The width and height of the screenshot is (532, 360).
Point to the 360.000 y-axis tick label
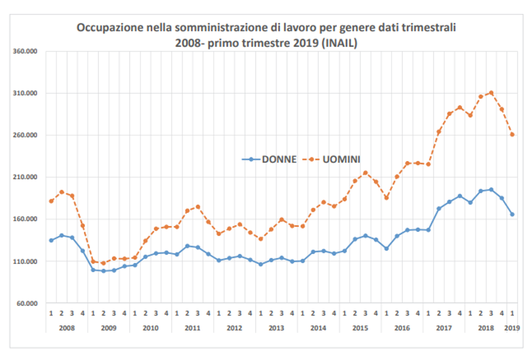pyautogui.click(x=26, y=52)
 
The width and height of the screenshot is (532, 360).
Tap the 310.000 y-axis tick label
pyautogui.click(x=26, y=94)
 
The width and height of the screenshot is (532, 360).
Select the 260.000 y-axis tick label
pyautogui.click(x=26, y=136)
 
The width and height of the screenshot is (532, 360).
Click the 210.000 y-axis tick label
pyautogui.click(x=26, y=177)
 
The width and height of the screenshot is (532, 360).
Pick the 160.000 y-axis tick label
pyautogui.click(x=26, y=220)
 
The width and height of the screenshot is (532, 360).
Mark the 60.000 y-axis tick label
pyautogui.click(x=27, y=303)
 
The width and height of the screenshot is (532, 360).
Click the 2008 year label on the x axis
pyautogui.click(x=67, y=327)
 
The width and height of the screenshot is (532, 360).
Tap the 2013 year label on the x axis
pyautogui.click(x=276, y=327)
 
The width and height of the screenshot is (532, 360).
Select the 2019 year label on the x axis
pyautogui.click(x=512, y=327)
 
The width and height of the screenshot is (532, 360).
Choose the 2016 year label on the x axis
pyautogui.click(x=402, y=327)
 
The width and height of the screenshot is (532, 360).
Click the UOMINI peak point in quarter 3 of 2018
pyautogui.click(x=491, y=92)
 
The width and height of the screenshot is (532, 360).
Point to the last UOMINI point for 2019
pyautogui.click(x=512, y=135)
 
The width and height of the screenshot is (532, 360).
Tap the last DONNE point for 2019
pyautogui.click(x=512, y=214)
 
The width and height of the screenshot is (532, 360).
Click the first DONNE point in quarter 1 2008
pyautogui.click(x=51, y=241)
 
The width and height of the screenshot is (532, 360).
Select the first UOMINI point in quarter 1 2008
pyautogui.click(x=51, y=201)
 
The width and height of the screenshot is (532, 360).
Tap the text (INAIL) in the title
pyautogui.click(x=337, y=43)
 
